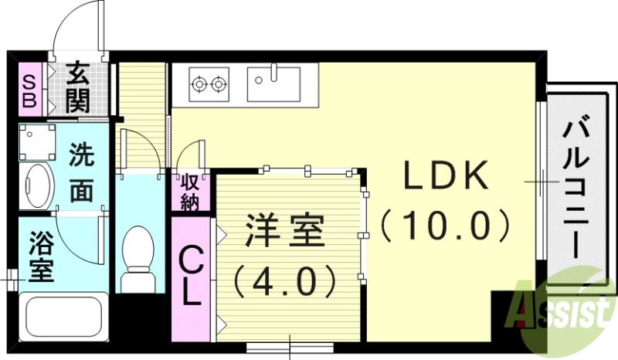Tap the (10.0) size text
pyautogui.click(x=446, y=226)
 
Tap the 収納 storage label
pyautogui.click(x=190, y=192)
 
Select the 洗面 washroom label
pyautogui.click(x=80, y=174)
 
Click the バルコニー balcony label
pyautogui.click(x=577, y=188)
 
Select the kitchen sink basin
pyautogui.click(x=273, y=83)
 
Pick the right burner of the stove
pyautogui.click(x=220, y=82)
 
